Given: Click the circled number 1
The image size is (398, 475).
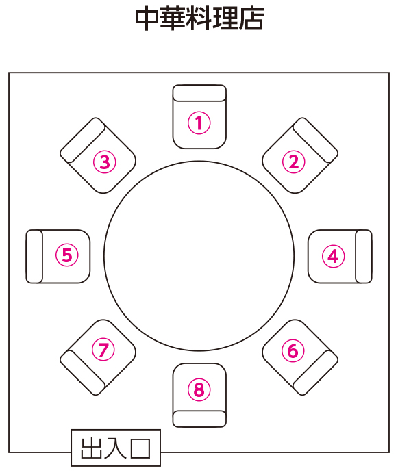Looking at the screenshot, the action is [199, 123].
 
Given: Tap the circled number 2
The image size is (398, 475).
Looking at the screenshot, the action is [293, 162].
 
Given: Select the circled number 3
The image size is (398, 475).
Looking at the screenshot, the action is [105, 162].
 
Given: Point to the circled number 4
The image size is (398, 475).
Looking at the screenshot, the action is [333, 256].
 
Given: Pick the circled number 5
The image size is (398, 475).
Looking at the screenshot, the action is [67, 255].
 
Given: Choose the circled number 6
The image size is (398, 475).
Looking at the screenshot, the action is [293, 351].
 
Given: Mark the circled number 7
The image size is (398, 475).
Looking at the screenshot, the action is [103, 350].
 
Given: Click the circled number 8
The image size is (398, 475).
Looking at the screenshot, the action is [199, 389].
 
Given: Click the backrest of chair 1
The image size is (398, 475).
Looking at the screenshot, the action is [199, 93].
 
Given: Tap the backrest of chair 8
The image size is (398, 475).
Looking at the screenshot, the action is [199, 419].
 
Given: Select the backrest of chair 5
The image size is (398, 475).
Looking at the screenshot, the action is [34, 256].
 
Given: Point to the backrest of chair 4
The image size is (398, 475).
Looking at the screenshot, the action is [364, 256].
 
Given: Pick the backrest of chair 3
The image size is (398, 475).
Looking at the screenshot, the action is [83, 140].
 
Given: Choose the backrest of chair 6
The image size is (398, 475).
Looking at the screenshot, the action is [316, 372].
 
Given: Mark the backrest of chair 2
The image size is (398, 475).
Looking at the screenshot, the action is [316, 140].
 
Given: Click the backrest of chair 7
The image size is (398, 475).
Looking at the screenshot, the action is [83, 372].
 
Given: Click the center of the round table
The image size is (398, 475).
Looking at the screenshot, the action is [199, 256].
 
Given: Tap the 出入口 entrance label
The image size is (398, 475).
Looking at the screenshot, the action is [116, 448].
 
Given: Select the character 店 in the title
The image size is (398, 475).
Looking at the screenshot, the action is [251, 18].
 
